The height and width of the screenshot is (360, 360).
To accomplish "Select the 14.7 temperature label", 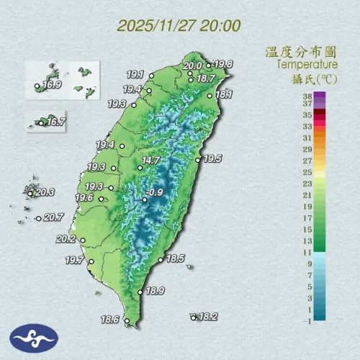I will click(150, 160).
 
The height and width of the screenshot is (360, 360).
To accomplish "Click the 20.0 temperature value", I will click(192, 66).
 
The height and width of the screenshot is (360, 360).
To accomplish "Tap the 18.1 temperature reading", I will click(224, 94).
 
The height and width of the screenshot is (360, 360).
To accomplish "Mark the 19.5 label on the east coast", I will click(213, 159).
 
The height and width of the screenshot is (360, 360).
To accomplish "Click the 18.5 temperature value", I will click(176, 258).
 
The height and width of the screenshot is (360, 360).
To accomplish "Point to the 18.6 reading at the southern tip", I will click(110, 319).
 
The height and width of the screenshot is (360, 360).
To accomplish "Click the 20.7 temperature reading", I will click(54, 217).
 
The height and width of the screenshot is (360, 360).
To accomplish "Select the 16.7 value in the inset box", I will click(56, 122).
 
